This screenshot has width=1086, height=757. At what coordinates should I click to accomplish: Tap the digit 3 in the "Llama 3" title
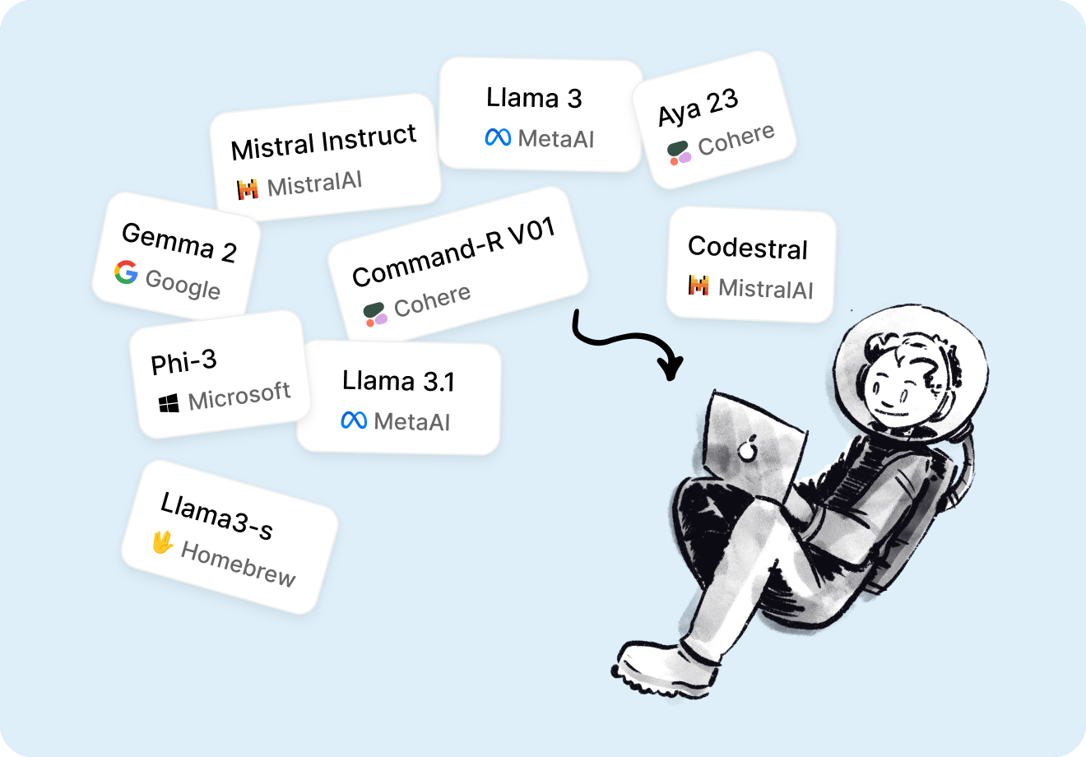click(574, 99)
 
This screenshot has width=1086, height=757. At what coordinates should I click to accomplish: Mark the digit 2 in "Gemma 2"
click(230, 252)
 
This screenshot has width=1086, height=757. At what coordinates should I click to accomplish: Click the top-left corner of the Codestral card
click(671, 210)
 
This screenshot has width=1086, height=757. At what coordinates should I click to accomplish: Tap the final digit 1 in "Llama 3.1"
click(449, 382)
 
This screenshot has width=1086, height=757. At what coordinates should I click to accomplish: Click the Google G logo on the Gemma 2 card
click(126, 272)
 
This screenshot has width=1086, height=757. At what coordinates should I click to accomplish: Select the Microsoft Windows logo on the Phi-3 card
click(169, 403)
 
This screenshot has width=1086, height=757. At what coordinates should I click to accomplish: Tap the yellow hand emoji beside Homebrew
click(162, 542)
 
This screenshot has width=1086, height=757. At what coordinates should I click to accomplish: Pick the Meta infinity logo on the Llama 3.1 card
click(354, 420)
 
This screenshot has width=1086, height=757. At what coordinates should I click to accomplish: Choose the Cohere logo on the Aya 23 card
click(679, 153)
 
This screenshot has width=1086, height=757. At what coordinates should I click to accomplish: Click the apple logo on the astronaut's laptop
click(747, 448)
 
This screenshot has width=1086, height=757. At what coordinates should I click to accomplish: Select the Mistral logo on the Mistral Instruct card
click(248, 189)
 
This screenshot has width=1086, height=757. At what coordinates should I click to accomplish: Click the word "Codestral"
click(748, 248)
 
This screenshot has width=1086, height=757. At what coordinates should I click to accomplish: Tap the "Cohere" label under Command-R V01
click(432, 300)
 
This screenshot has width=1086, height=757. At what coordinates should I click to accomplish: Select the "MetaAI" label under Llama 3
click(555, 139)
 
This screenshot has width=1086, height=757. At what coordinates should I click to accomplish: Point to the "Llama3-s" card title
click(216, 515)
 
